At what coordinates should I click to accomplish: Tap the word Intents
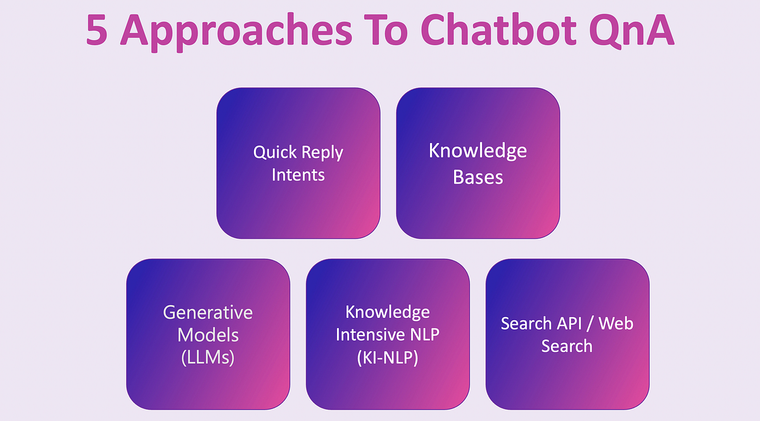[x=298, y=175]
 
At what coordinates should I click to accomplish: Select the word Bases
[x=478, y=177]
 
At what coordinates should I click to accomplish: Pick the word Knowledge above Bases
[x=478, y=151]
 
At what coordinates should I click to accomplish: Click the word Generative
[x=208, y=313]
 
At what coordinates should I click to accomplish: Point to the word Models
[x=208, y=334]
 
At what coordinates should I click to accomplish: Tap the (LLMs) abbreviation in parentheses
[x=208, y=356]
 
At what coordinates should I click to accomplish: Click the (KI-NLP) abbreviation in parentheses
[x=388, y=356]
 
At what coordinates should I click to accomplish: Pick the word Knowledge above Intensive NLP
[x=388, y=312]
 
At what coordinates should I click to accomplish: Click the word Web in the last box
[x=616, y=324]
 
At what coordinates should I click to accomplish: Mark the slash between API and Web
[x=592, y=324]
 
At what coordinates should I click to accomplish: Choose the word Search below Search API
[x=567, y=346]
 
